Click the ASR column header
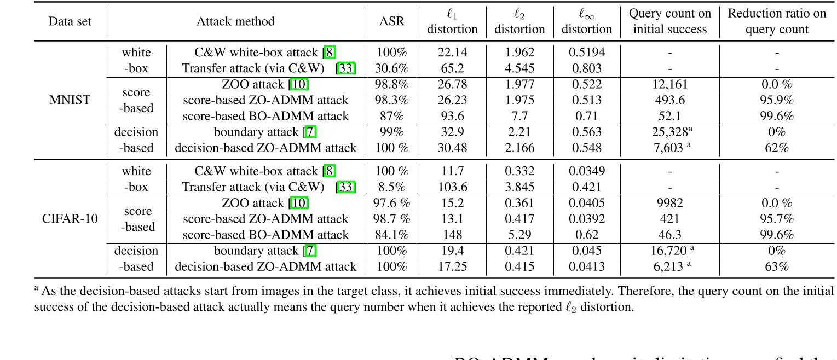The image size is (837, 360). (391, 21)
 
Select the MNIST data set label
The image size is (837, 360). (70, 100)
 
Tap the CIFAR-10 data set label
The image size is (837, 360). (70, 219)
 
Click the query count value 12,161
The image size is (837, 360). (669, 84)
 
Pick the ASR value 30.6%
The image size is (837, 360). (391, 68)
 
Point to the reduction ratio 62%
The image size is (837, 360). (776, 148)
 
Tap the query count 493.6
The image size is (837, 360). (669, 100)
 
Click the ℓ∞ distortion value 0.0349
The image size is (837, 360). (586, 171)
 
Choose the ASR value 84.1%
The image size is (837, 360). (391, 235)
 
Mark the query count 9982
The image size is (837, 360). (669, 203)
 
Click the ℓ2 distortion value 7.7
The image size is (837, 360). (519, 116)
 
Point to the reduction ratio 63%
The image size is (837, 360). (776, 266)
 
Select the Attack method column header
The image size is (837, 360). (235, 21)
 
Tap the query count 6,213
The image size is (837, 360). (666, 266)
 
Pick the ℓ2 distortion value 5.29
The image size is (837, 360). (519, 235)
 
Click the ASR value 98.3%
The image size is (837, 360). (391, 100)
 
